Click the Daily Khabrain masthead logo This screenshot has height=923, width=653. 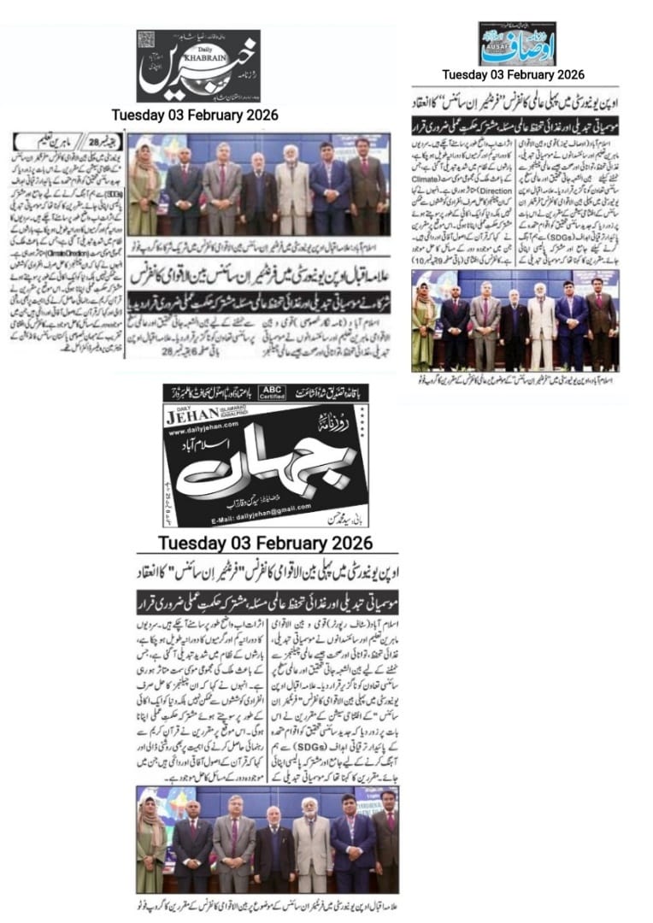click(198, 67)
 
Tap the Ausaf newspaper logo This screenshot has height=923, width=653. click(516, 44)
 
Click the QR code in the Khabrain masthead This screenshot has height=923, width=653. click(146, 39)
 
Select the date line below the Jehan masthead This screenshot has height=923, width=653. click(265, 544)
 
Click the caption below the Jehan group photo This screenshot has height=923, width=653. click(265, 903)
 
